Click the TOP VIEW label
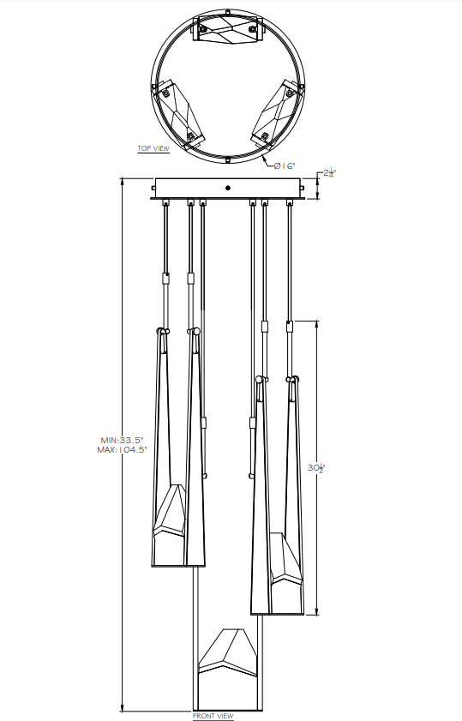pyautogui.click(x=153, y=148)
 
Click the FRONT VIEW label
pyautogui.click(x=213, y=715)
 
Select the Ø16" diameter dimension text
pyautogui.click(x=285, y=165)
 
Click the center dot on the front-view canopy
pyautogui.click(x=228, y=188)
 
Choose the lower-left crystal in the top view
pyautogui.click(x=178, y=110)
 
